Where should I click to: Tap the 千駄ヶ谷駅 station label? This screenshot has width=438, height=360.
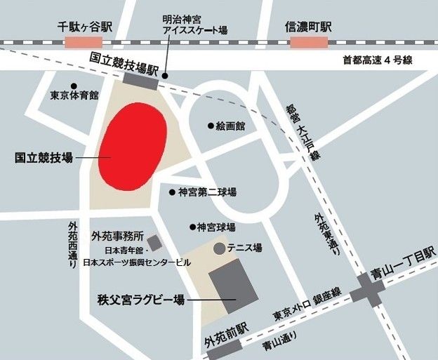(x=86, y=27)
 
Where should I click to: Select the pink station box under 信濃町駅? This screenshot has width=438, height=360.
(x=308, y=43)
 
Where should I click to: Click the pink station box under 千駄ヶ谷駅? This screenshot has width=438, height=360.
(x=83, y=43)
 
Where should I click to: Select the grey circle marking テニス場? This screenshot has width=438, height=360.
(x=219, y=248)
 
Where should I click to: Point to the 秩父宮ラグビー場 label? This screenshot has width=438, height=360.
(x=140, y=300)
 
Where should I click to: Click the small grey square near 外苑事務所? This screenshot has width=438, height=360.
(x=154, y=243)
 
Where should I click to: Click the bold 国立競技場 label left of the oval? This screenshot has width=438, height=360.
(x=44, y=159)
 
